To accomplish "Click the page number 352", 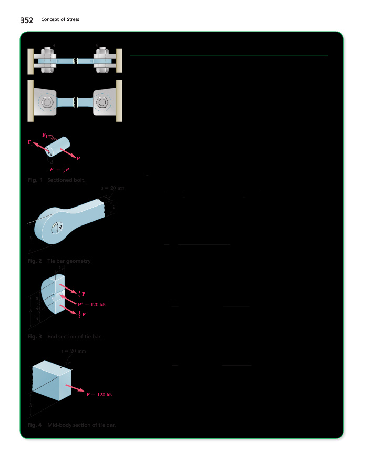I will coord(27,20).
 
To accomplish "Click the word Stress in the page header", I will coord(71,20).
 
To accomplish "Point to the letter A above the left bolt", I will coord(54,45).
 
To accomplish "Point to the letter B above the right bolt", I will coord(97,45).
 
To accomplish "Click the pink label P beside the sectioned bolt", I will coord(78,158).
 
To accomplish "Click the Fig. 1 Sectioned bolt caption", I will coord(58,180).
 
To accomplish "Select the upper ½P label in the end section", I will coord(81,294).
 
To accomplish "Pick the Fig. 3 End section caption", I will coord(64,337).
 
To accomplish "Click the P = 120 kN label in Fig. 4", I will coord(99,394).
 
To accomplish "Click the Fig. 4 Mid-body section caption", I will coord(71,425).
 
